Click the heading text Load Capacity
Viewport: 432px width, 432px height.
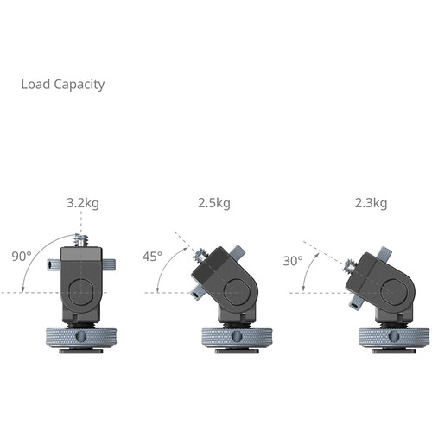[62, 85]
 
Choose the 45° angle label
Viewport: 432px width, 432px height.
[153, 256]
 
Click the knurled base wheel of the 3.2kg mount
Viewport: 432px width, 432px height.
[82, 335]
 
